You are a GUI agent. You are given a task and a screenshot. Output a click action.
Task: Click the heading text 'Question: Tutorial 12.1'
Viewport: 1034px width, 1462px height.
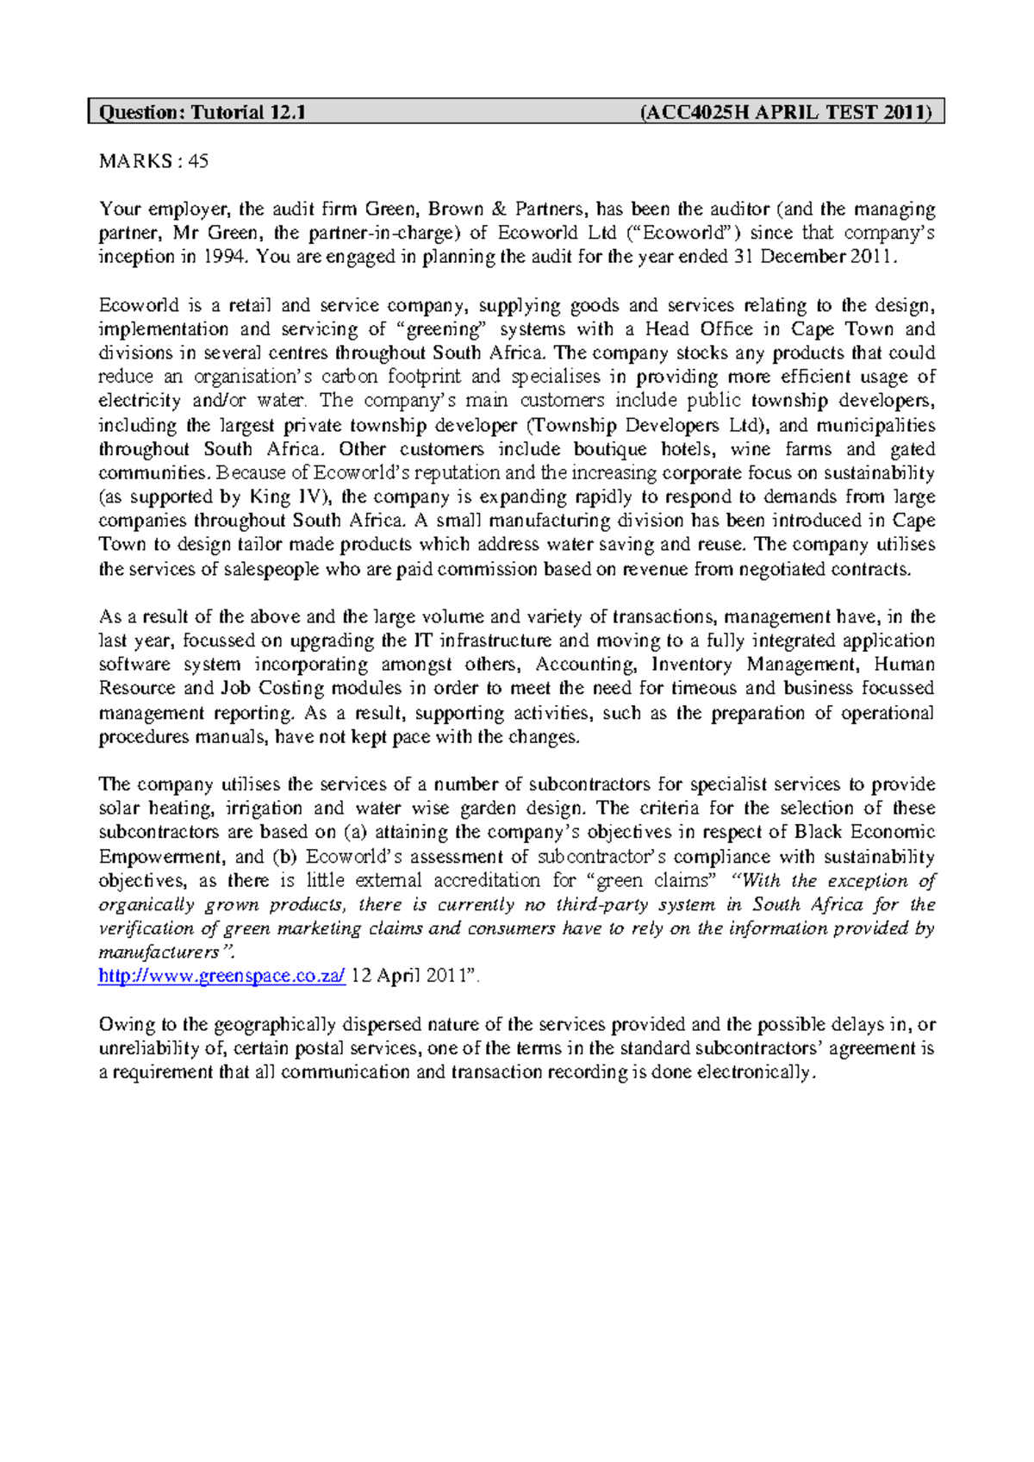pyautogui.click(x=202, y=112)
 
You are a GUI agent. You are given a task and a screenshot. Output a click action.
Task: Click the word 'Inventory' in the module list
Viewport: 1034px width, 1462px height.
pyautogui.click(x=692, y=665)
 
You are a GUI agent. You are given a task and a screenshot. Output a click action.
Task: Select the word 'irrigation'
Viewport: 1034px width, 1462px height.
pyautogui.click(x=263, y=809)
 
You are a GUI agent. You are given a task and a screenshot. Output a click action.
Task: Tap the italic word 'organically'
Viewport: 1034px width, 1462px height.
pyautogui.click(x=146, y=905)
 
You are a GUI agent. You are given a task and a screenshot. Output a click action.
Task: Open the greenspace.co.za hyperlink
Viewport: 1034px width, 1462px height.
pyautogui.click(x=222, y=976)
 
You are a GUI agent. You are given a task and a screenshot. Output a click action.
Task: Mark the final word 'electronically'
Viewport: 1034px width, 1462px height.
pyautogui.click(x=754, y=1073)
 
